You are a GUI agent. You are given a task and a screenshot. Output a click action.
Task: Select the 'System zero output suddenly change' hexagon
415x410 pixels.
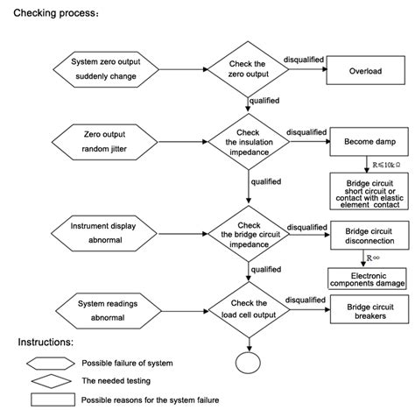pos(105,70)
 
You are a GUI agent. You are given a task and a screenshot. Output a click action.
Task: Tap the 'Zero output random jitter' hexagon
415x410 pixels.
pos(105,141)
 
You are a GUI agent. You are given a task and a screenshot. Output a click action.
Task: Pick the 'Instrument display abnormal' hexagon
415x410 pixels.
pos(106,232)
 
